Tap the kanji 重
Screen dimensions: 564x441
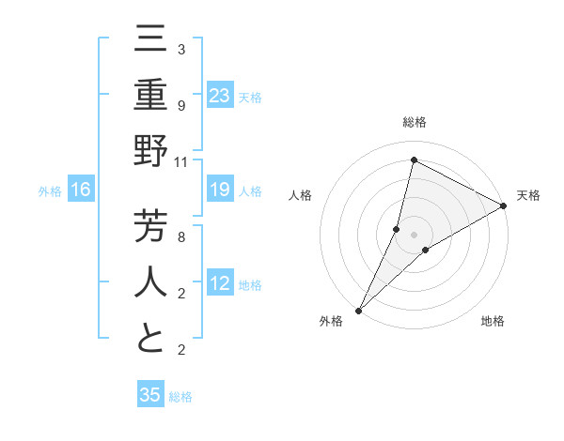pos(150,97)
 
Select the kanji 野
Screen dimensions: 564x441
pos(150,150)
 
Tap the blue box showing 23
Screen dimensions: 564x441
pos(220,96)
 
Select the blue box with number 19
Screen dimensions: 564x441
pos(220,190)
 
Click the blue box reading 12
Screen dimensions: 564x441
pos(220,284)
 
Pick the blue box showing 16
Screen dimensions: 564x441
pos(81,190)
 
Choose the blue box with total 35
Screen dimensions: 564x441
pos(150,394)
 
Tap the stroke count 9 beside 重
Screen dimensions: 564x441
pos(180,105)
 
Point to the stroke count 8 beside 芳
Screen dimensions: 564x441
pos(180,236)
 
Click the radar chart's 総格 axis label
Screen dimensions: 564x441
pos(414,122)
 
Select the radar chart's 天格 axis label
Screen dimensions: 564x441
pos(528,195)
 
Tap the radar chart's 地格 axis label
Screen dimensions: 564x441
pos(493,321)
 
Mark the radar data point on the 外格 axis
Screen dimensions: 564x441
pos(358,310)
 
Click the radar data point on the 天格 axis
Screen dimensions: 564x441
pos(504,205)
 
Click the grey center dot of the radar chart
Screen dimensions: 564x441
pos(414,234)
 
